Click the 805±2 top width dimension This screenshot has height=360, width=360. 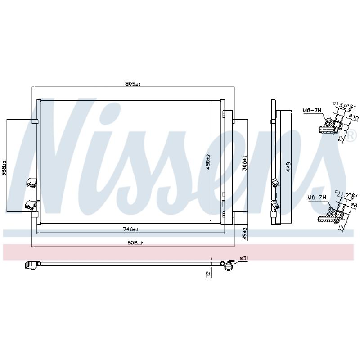pyautogui.click(x=133, y=84)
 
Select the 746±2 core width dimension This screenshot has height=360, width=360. pyautogui.click(x=131, y=229)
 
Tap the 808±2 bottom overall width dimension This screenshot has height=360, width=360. pyautogui.click(x=134, y=243)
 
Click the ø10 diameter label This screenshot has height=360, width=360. pyautogui.click(x=355, y=117)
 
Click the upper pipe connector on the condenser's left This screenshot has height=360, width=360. pyautogui.click(x=31, y=182)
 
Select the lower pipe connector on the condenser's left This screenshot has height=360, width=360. pyautogui.click(x=31, y=204)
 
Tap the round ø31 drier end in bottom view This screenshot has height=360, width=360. pyautogui.click(x=229, y=266)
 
